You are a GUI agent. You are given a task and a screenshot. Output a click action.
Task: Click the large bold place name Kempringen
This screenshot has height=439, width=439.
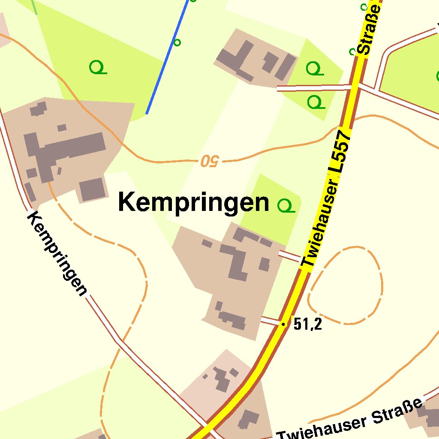coord(193,202)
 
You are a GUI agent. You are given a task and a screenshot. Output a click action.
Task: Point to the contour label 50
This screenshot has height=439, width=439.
coord(210,161)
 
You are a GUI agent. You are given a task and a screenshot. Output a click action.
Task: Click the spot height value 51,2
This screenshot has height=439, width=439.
coord(308,325)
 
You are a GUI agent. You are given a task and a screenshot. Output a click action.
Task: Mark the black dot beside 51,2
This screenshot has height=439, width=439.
coord(283,324)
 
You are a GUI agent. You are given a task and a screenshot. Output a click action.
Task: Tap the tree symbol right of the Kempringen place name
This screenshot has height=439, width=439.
coord(286,205)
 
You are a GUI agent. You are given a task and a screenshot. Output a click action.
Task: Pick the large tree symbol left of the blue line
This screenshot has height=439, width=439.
coord(98,67)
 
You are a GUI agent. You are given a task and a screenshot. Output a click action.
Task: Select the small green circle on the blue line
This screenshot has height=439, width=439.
coord(177,42)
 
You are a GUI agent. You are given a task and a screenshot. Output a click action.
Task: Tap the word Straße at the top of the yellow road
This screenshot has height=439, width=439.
coord(370,30)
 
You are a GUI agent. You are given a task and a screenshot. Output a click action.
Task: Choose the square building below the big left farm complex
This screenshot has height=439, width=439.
coord(92,189)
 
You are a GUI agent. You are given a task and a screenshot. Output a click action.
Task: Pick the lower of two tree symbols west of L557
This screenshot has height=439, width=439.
coord(316,102)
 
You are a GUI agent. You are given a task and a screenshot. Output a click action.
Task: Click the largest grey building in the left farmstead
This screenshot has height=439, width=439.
coord(64,150)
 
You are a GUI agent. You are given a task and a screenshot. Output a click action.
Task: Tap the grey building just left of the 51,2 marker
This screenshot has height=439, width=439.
coord(232,318)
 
